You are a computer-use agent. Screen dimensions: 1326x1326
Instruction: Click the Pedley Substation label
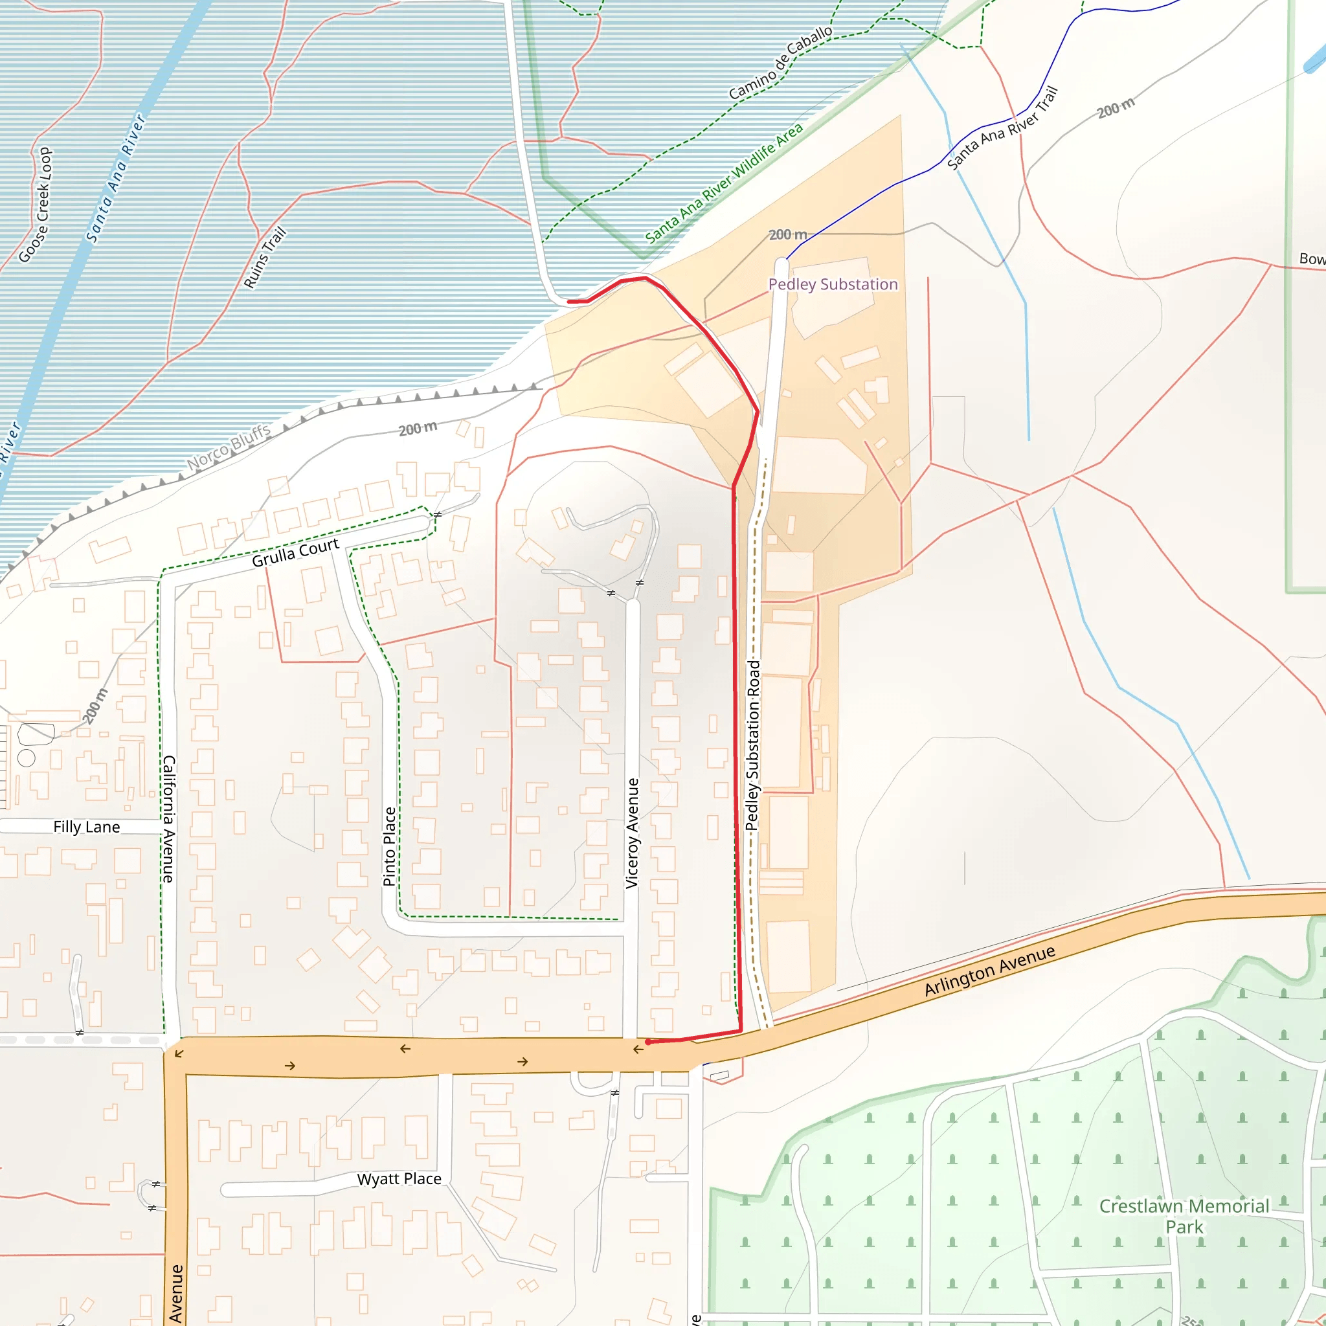833,284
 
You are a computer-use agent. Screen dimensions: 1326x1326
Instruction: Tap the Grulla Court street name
295,552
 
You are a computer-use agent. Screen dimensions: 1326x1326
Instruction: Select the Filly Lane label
87,827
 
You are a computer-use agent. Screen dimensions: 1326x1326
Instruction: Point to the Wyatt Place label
399,1178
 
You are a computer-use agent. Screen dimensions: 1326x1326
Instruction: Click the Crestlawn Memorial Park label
1184,1216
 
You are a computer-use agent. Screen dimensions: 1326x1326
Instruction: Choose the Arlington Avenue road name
989,971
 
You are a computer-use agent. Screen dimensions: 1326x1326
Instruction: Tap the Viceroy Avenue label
632,833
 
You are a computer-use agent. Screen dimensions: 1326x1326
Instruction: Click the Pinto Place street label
389,846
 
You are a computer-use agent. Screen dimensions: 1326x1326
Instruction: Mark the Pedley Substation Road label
753,745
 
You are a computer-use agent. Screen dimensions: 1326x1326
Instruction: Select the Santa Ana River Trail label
1002,128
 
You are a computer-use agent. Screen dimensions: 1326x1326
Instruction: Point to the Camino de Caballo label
780,63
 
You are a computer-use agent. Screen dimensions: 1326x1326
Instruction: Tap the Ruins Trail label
264,258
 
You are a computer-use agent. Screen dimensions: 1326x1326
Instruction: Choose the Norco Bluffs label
229,447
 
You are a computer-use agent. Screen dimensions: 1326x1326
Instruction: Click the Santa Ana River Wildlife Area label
723,183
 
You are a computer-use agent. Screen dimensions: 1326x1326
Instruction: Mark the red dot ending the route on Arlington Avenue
648,1042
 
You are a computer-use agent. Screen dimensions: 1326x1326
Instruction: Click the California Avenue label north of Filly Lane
169,819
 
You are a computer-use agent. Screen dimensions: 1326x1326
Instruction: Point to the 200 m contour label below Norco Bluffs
418,428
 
